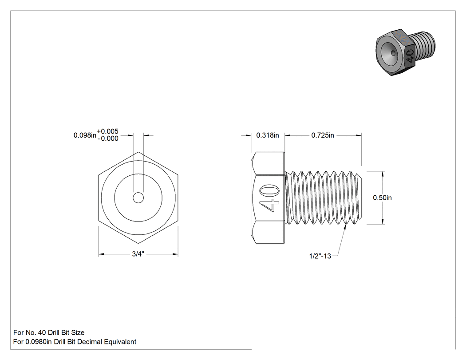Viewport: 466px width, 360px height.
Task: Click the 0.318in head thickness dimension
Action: (x=268, y=135)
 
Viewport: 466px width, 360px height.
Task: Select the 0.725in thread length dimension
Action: (x=323, y=135)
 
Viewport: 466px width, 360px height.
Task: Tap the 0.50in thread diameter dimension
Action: (x=382, y=198)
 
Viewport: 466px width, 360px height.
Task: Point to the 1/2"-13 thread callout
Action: (x=320, y=256)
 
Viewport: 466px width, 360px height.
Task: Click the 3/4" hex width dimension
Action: (x=138, y=254)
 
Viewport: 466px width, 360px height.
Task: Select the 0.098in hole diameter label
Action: (x=85, y=135)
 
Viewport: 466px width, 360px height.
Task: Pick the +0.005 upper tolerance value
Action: (x=107, y=131)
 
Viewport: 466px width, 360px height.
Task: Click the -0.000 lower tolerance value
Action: (x=108, y=138)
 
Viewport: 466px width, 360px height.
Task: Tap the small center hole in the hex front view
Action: (x=138, y=198)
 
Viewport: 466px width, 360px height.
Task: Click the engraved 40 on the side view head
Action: (x=269, y=198)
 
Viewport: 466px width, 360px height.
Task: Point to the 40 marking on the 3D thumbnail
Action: (x=410, y=55)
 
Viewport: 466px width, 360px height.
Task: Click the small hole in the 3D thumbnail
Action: (x=394, y=53)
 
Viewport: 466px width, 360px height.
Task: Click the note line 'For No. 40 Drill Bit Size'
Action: (x=49, y=332)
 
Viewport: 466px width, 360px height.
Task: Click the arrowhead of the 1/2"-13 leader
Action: (x=345, y=227)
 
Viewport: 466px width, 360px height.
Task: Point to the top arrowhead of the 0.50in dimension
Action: (x=383, y=174)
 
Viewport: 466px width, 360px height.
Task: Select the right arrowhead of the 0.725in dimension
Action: (x=359, y=135)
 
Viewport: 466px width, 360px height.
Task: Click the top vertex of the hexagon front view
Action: (x=138, y=152)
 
